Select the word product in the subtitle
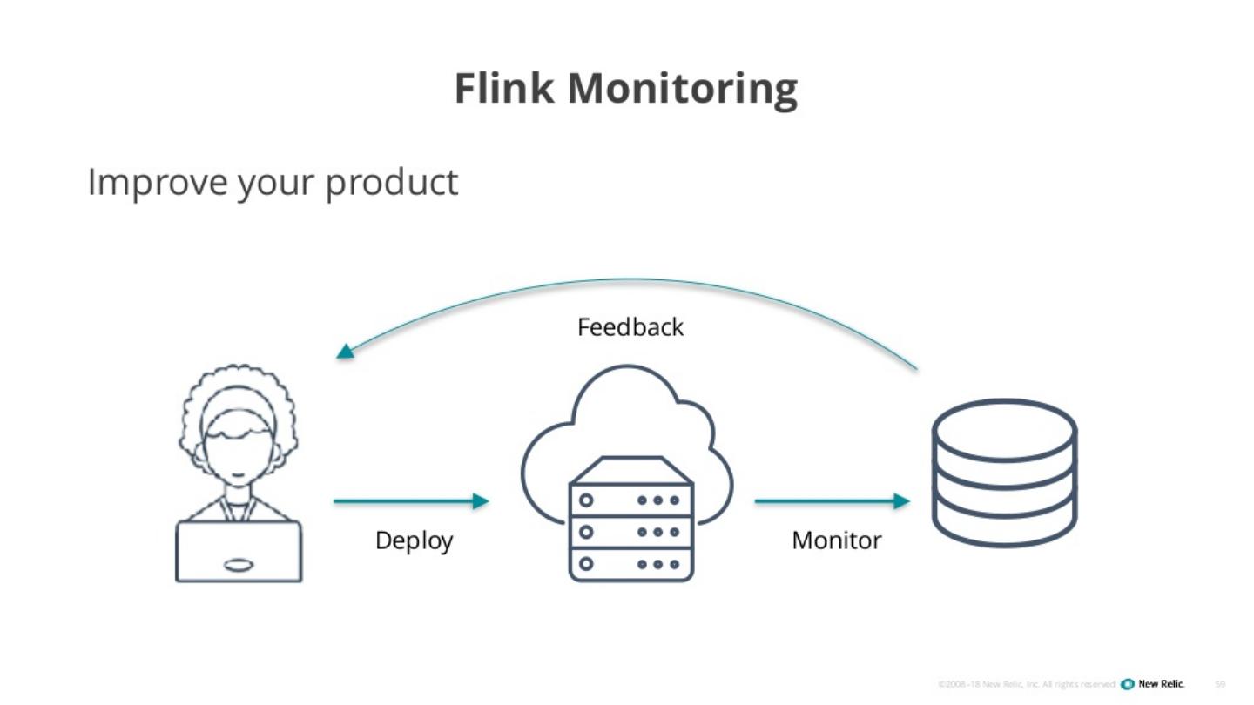pyautogui.click(x=391, y=183)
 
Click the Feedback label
pyautogui.click(x=630, y=327)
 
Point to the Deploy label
pyautogui.click(x=414, y=540)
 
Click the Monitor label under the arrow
pyautogui.click(x=836, y=540)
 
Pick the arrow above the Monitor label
pyautogui.click(x=832, y=501)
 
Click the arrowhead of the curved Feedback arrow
pyautogui.click(x=346, y=352)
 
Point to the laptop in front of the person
pyautogui.click(x=239, y=551)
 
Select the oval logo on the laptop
pyautogui.click(x=239, y=565)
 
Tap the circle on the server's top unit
pyautogui.click(x=586, y=500)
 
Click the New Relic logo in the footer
pyautogui.click(x=1153, y=683)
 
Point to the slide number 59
pyautogui.click(x=1220, y=684)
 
